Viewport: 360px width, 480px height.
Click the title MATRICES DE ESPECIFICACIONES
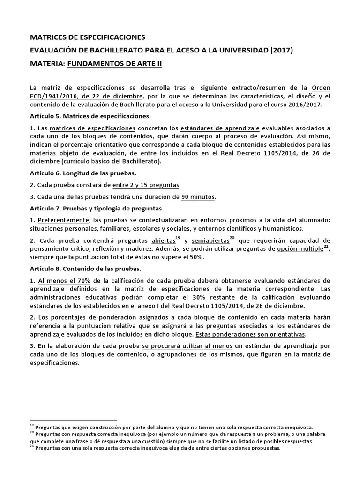[x=88, y=37]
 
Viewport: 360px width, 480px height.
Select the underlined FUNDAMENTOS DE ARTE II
[x=114, y=63]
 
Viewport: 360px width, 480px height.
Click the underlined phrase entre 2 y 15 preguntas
[x=146, y=185]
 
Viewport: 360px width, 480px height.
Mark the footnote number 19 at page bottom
[x=32, y=426]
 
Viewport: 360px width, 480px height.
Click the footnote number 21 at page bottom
[x=32, y=447]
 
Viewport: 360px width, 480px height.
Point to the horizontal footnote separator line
[x=73, y=420]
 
